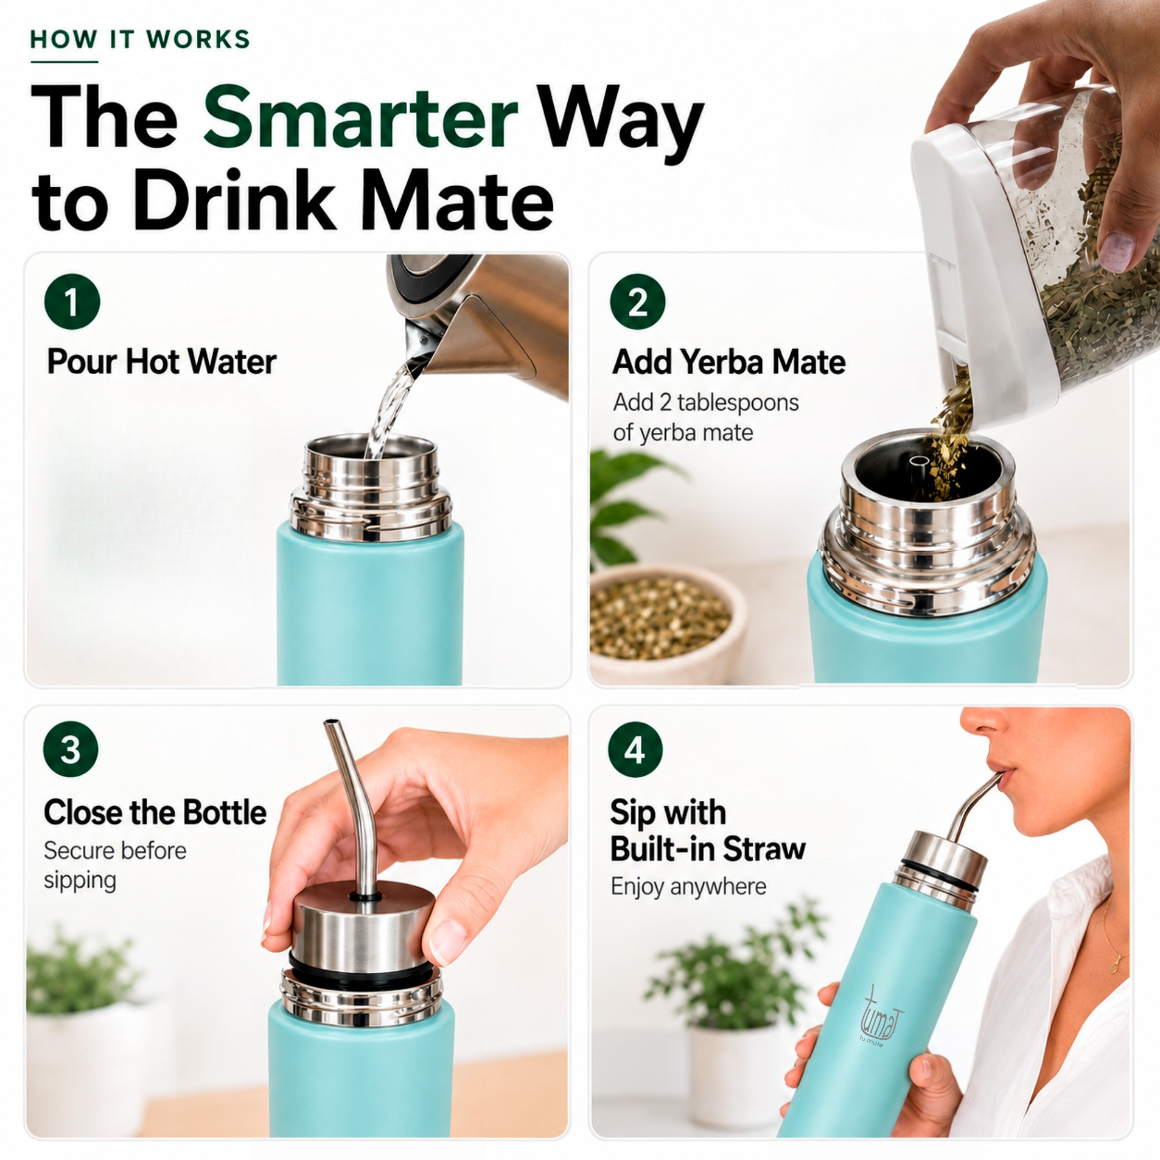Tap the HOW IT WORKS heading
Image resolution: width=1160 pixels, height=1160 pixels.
click(140, 39)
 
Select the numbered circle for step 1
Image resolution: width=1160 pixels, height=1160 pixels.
click(71, 302)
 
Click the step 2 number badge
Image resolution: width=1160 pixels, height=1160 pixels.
click(637, 302)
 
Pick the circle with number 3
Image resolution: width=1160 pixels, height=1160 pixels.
click(71, 749)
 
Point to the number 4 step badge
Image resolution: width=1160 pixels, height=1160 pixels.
click(635, 749)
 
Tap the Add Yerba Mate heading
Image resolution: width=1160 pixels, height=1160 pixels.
click(729, 362)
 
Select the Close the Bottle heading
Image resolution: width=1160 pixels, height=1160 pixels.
click(155, 813)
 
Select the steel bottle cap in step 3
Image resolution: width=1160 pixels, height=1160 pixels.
click(362, 925)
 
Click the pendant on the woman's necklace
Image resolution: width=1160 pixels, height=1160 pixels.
click(1114, 965)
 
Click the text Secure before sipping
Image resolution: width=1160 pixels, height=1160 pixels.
click(115, 865)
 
